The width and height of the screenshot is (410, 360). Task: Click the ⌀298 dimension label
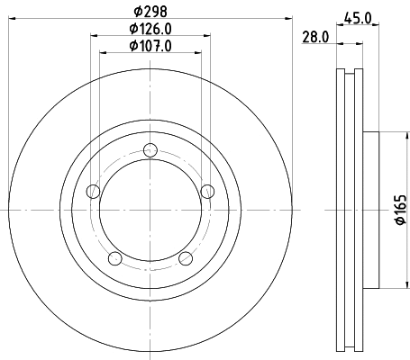[x=150, y=12]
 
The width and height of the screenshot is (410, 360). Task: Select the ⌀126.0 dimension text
[x=150, y=29]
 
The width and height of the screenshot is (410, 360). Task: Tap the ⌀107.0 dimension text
[x=150, y=46]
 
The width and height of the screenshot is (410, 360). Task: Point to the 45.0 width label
[x=358, y=18]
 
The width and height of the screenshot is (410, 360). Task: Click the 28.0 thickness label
[x=315, y=37]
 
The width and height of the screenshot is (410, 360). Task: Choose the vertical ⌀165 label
[x=401, y=210]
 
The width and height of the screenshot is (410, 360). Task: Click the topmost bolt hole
[x=150, y=150]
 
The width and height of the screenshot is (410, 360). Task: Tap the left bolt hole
[x=93, y=192]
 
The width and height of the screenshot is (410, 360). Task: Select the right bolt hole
[x=207, y=192]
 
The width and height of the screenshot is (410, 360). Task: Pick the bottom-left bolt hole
[x=114, y=258]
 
